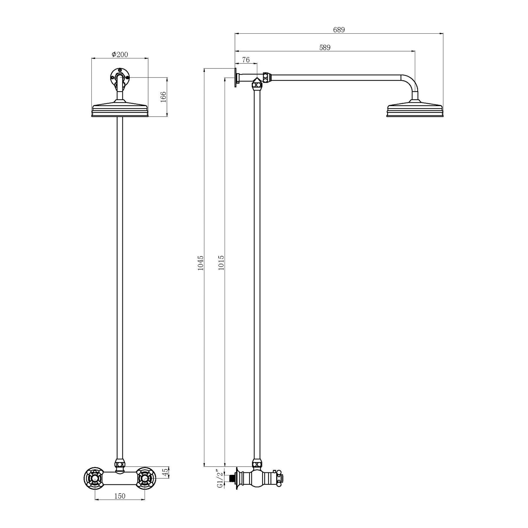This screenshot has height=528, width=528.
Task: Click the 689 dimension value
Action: (339, 30)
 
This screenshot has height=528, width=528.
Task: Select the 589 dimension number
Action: (325, 47)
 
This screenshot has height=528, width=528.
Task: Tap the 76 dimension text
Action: (246, 60)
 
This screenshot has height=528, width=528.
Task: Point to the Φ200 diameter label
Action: (120, 54)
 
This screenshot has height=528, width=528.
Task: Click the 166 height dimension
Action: (163, 97)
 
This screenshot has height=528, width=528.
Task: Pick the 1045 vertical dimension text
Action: (201, 263)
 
